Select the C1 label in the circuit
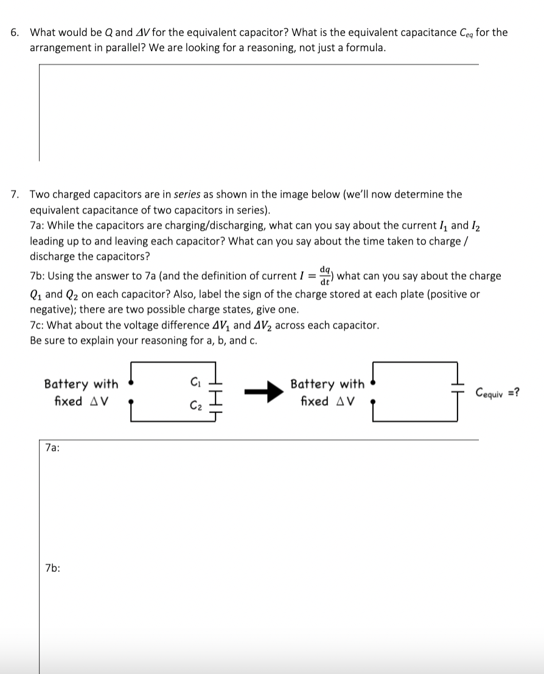point(195,382)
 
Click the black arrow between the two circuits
point(263,392)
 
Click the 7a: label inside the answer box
point(52,448)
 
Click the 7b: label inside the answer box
point(52,568)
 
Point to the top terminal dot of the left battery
point(131,384)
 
